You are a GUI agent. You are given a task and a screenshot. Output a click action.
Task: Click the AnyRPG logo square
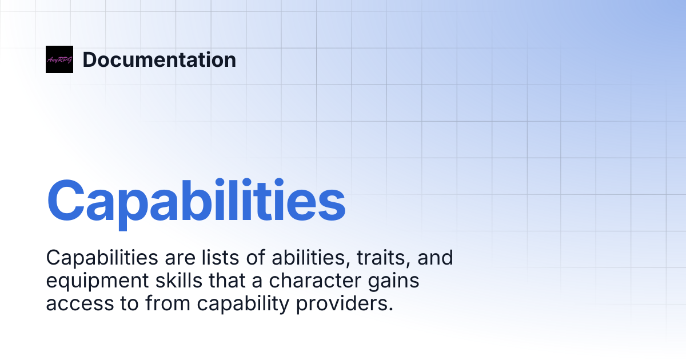coord(59,59)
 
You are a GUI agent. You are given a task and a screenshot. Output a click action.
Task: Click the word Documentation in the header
coord(159,59)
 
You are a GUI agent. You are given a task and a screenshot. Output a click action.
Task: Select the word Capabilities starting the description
coord(102,258)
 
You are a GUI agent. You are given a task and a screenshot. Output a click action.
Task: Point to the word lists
coord(220,258)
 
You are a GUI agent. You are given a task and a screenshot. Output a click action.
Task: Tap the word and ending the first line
coord(435,258)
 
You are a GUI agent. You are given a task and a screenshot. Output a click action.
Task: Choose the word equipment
coord(97,281)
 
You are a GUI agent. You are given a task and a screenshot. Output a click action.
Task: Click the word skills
coord(179,281)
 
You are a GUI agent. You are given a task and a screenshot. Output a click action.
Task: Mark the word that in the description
coord(228,281)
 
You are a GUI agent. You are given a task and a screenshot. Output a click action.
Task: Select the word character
coord(315,281)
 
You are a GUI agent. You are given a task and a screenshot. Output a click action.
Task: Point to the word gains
coord(393,281)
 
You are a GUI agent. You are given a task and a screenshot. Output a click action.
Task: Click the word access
coord(79,303)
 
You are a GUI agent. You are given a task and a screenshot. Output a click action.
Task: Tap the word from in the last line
coord(167,303)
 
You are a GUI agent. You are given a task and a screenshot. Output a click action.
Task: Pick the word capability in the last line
coord(243,304)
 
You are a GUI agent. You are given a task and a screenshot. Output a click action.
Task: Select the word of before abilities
coord(256,258)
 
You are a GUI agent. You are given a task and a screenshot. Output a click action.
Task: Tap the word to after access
coord(129,303)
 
